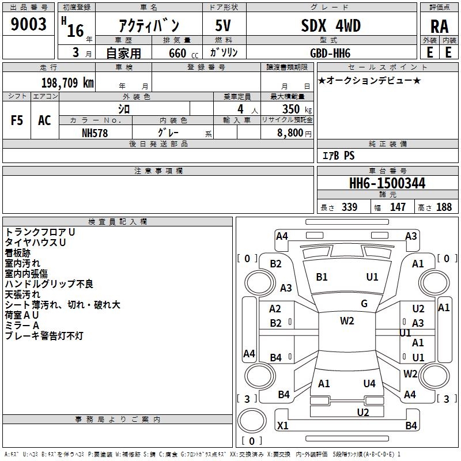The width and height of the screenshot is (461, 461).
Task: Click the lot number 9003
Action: click(x=28, y=24)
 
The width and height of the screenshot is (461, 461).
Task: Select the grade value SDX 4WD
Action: click(x=331, y=25)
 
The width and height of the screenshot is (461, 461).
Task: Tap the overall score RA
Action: click(x=439, y=27)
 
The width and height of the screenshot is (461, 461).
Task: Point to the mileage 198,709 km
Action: click(x=67, y=83)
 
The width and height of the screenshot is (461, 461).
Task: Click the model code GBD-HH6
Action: click(x=330, y=53)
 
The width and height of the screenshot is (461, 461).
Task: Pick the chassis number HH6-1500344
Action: click(x=387, y=183)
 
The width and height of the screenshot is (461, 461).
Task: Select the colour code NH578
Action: click(x=95, y=133)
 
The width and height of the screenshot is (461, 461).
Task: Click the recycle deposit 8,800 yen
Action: click(x=294, y=133)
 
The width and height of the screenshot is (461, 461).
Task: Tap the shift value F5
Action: click(x=17, y=120)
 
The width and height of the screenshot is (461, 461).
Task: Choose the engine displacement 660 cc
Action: click(x=183, y=54)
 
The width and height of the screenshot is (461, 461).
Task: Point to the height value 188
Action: click(x=444, y=207)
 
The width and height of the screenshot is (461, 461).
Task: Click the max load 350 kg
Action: click(x=297, y=109)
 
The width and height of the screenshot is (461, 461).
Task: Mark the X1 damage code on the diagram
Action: click(x=282, y=425)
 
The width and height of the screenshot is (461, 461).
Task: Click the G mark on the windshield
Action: click(x=364, y=304)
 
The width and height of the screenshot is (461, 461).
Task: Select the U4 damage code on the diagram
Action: click(x=369, y=383)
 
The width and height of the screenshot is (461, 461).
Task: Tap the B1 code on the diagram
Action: click(x=322, y=277)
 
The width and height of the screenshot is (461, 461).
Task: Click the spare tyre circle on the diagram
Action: click(x=252, y=421)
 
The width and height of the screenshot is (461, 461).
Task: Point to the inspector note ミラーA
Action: click(x=22, y=326)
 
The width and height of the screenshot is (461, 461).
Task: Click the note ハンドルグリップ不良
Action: click(x=49, y=284)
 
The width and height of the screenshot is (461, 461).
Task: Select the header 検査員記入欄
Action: click(x=118, y=222)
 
